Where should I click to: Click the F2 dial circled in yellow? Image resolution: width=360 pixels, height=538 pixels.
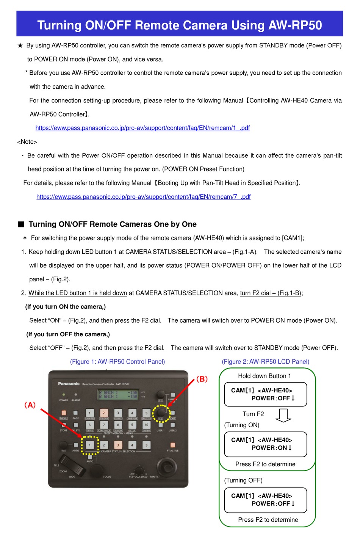161,411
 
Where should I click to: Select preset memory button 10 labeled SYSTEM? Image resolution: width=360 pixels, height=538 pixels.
146,425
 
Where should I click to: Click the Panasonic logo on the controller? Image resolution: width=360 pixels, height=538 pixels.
69,384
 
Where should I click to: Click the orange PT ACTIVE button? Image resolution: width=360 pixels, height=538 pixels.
173,445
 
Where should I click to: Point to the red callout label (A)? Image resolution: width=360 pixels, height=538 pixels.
30,405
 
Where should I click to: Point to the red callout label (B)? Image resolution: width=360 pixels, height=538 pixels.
202,379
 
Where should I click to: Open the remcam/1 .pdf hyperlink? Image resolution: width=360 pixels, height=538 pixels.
142,128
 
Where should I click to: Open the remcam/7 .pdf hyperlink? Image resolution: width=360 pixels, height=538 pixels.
143,197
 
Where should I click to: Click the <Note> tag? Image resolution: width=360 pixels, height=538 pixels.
27,142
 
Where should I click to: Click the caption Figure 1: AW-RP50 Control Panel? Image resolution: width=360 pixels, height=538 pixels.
117,362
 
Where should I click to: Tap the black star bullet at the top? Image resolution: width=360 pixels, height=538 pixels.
20,45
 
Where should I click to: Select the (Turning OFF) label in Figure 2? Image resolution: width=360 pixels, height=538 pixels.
243,480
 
